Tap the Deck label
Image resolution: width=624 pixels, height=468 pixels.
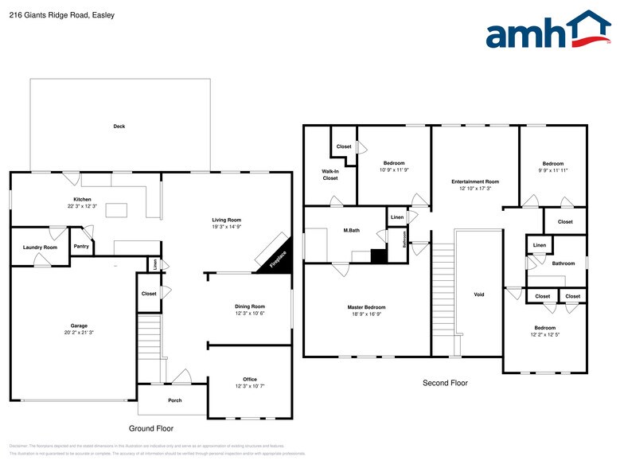119,126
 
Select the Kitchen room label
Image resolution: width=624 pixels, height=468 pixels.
82,199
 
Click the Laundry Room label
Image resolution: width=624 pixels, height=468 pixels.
40,248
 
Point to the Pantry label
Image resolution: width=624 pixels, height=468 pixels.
81,246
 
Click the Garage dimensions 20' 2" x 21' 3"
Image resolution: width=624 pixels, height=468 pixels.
78,333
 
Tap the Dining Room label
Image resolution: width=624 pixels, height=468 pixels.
249,306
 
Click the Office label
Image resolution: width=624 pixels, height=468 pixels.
249,379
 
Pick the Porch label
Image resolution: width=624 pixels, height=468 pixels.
174,400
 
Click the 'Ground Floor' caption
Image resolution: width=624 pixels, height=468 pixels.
150,428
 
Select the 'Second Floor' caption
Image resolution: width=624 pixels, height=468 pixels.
445,383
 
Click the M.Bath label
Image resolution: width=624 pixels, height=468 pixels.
352,230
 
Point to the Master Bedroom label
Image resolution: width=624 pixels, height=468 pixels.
366,307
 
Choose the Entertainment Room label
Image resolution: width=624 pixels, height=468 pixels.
474,181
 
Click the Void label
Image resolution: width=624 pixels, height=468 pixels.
478,294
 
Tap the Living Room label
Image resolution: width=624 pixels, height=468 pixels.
226,220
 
